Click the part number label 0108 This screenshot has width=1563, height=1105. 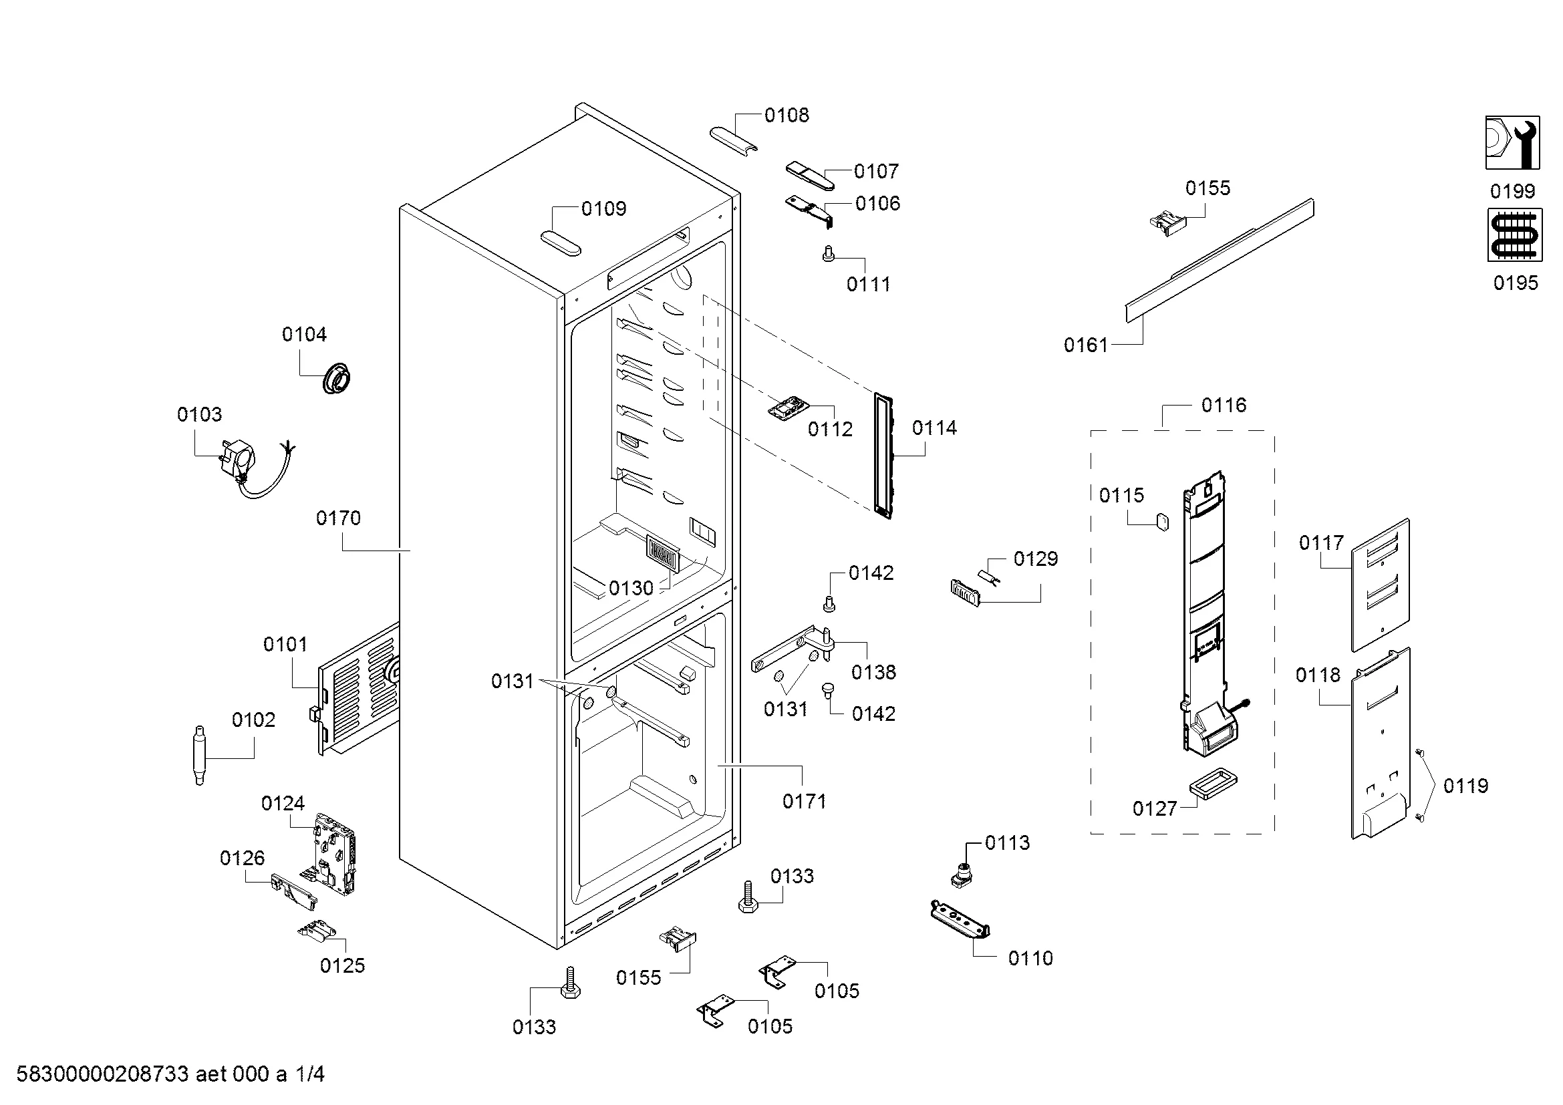tap(787, 116)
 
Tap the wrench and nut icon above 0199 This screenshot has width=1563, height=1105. tap(1513, 142)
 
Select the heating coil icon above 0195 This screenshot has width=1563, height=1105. tap(1515, 234)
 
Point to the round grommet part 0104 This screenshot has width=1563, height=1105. tap(337, 378)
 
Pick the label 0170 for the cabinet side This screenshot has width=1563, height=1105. tap(338, 518)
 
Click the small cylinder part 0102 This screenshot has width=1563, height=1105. tap(199, 756)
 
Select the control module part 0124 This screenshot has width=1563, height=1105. tap(334, 853)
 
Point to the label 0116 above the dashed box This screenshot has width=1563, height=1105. tap(1224, 406)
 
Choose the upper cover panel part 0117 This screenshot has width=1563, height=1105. tap(1380, 585)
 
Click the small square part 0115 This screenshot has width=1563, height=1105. tap(1162, 522)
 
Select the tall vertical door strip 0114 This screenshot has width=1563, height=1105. tap(883, 456)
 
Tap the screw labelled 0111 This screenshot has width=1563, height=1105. tap(828, 254)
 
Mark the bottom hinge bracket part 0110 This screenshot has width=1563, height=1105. tap(960, 920)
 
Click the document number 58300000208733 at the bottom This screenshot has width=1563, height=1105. tap(102, 1074)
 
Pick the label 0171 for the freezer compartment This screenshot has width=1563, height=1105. tap(804, 802)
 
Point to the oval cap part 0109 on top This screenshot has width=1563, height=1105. tap(561, 243)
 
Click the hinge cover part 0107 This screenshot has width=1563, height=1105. tap(810, 176)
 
